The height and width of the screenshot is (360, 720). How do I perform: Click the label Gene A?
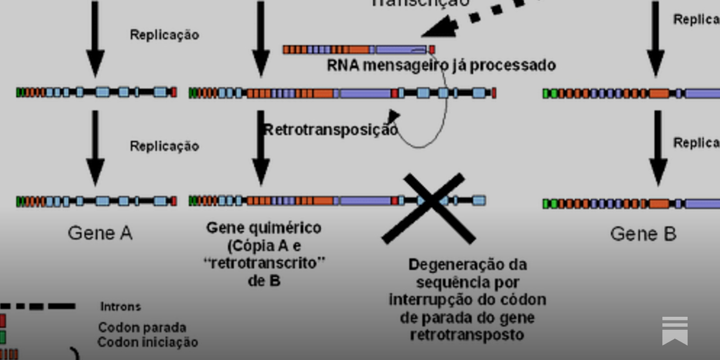pos(100,233)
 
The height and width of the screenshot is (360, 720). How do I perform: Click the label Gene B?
pos(643,234)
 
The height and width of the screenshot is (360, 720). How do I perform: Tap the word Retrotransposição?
pos(331,130)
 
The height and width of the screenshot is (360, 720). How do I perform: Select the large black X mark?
pos(430,208)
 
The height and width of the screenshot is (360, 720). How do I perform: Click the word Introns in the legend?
pos(120,307)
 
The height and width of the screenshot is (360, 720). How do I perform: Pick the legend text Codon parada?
pos(142,327)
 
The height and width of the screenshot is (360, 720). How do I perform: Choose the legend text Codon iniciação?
pos(148,342)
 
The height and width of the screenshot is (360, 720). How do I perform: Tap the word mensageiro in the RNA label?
pos(405,66)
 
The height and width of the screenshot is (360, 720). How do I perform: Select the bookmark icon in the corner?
pos(675,331)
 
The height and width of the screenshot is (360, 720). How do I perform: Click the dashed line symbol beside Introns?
pos(38,306)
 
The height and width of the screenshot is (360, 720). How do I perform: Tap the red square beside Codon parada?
pos(3,321)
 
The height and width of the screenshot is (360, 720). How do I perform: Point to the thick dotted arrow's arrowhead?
pos(441,28)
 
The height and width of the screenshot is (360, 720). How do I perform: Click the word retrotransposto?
pos(467,335)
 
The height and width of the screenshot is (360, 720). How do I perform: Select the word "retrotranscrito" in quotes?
pos(264,263)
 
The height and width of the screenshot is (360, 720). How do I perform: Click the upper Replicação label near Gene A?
pos(164,35)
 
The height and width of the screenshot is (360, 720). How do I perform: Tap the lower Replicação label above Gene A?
pos(164,146)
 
